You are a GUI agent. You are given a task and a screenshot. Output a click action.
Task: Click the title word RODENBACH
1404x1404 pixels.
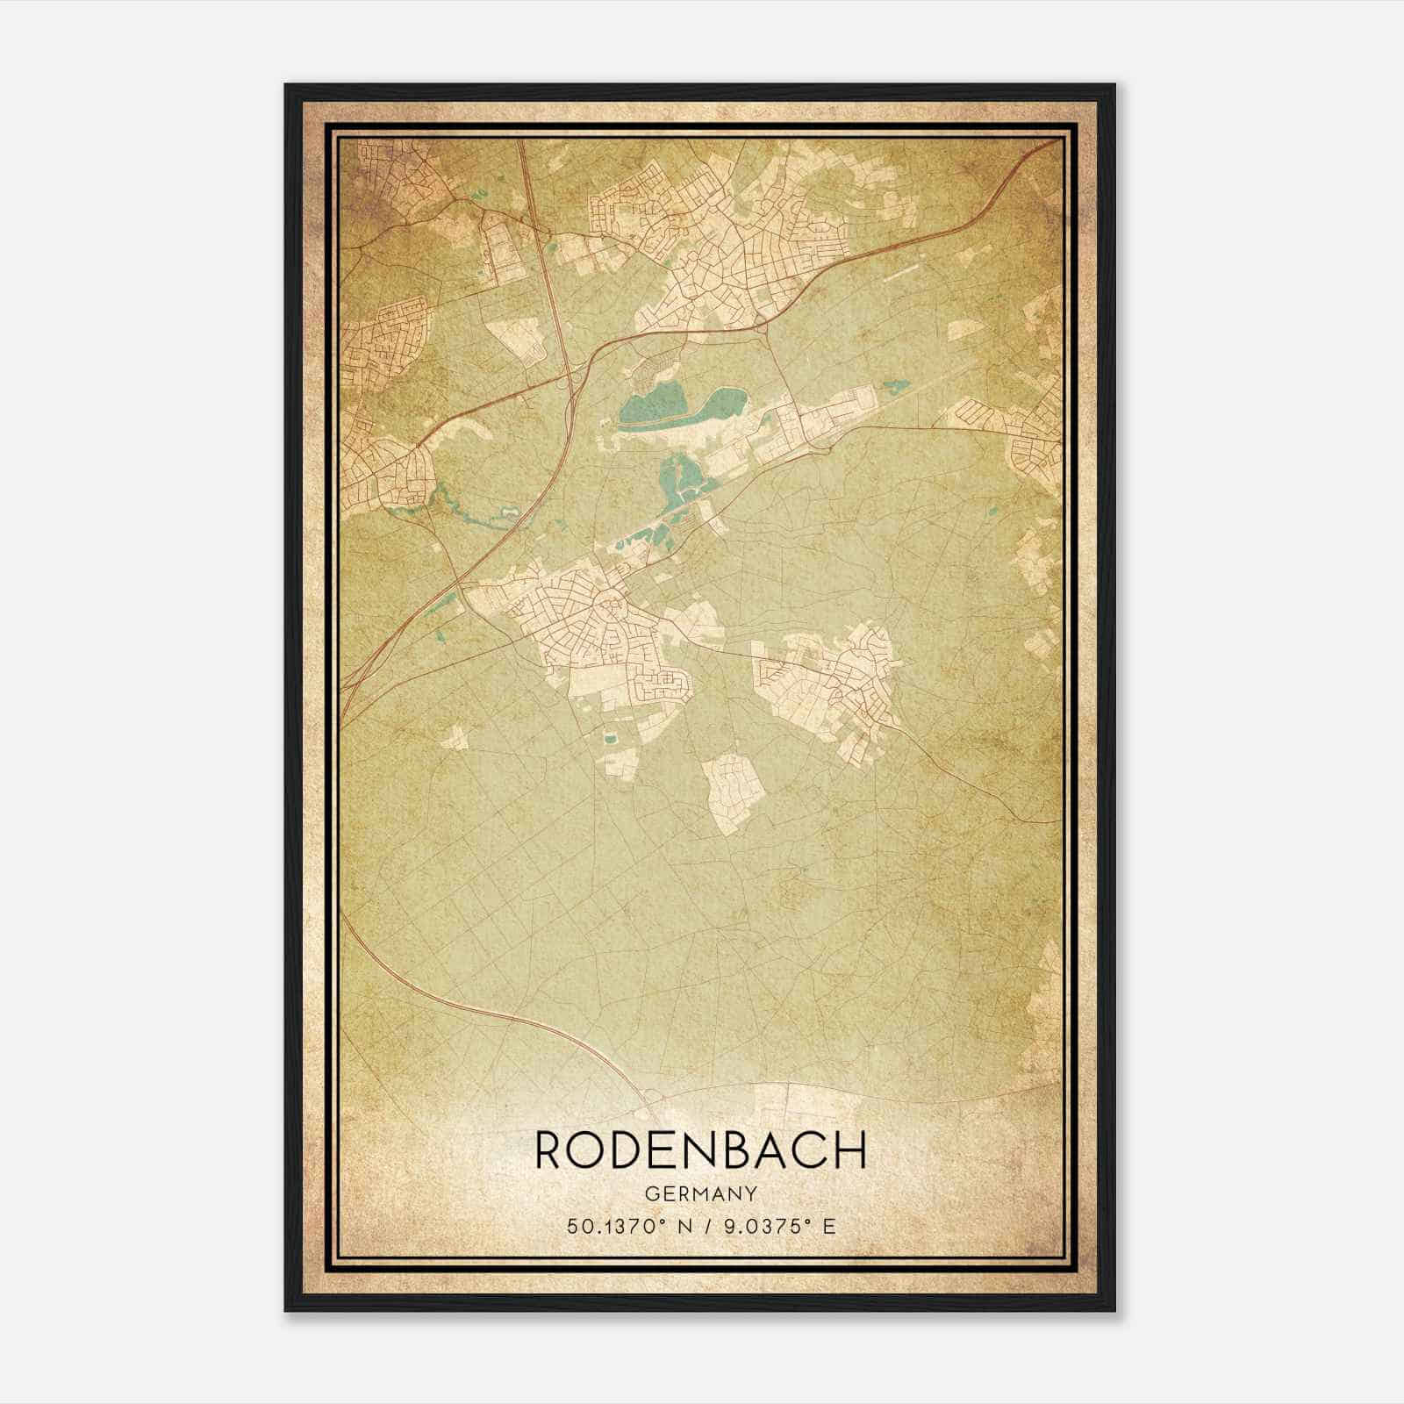tap(701, 1150)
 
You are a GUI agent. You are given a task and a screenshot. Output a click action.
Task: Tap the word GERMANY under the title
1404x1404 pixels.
tap(701, 1193)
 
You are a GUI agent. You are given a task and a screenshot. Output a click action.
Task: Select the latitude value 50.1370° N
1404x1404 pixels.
tap(625, 1226)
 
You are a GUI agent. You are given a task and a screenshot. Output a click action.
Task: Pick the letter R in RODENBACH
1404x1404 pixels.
tap(550, 1150)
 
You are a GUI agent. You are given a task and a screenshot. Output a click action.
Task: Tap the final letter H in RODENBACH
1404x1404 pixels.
tap(850, 1150)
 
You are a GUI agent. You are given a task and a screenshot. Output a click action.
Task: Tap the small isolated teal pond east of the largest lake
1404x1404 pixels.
tap(895, 385)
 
